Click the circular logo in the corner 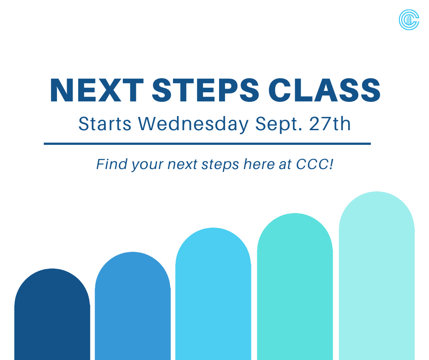(408, 20)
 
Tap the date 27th (331, 124)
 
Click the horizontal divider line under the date (207, 143)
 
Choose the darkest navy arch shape (52, 315)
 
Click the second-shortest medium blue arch (132, 306)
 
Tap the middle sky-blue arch (213, 295)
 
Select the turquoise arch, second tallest (295, 288)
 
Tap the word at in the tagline (285, 164)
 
